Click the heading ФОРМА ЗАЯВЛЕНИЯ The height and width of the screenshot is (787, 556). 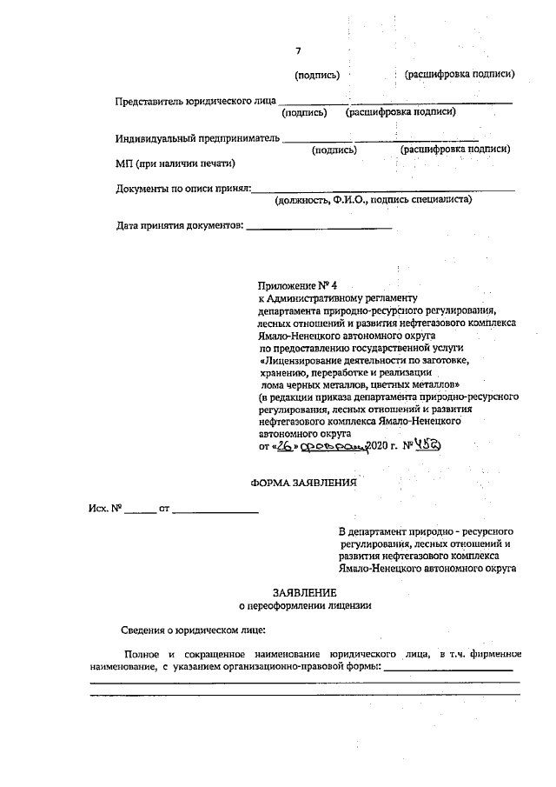(303, 484)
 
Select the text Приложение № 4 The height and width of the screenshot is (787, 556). (296, 286)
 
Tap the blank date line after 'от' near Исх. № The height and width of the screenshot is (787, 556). (215, 510)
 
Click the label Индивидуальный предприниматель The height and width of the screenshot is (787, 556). (197, 138)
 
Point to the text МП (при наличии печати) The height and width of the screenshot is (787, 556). (175, 163)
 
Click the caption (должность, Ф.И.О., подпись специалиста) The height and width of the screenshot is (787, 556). (373, 200)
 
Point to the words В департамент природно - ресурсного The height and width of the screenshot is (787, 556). (427, 530)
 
